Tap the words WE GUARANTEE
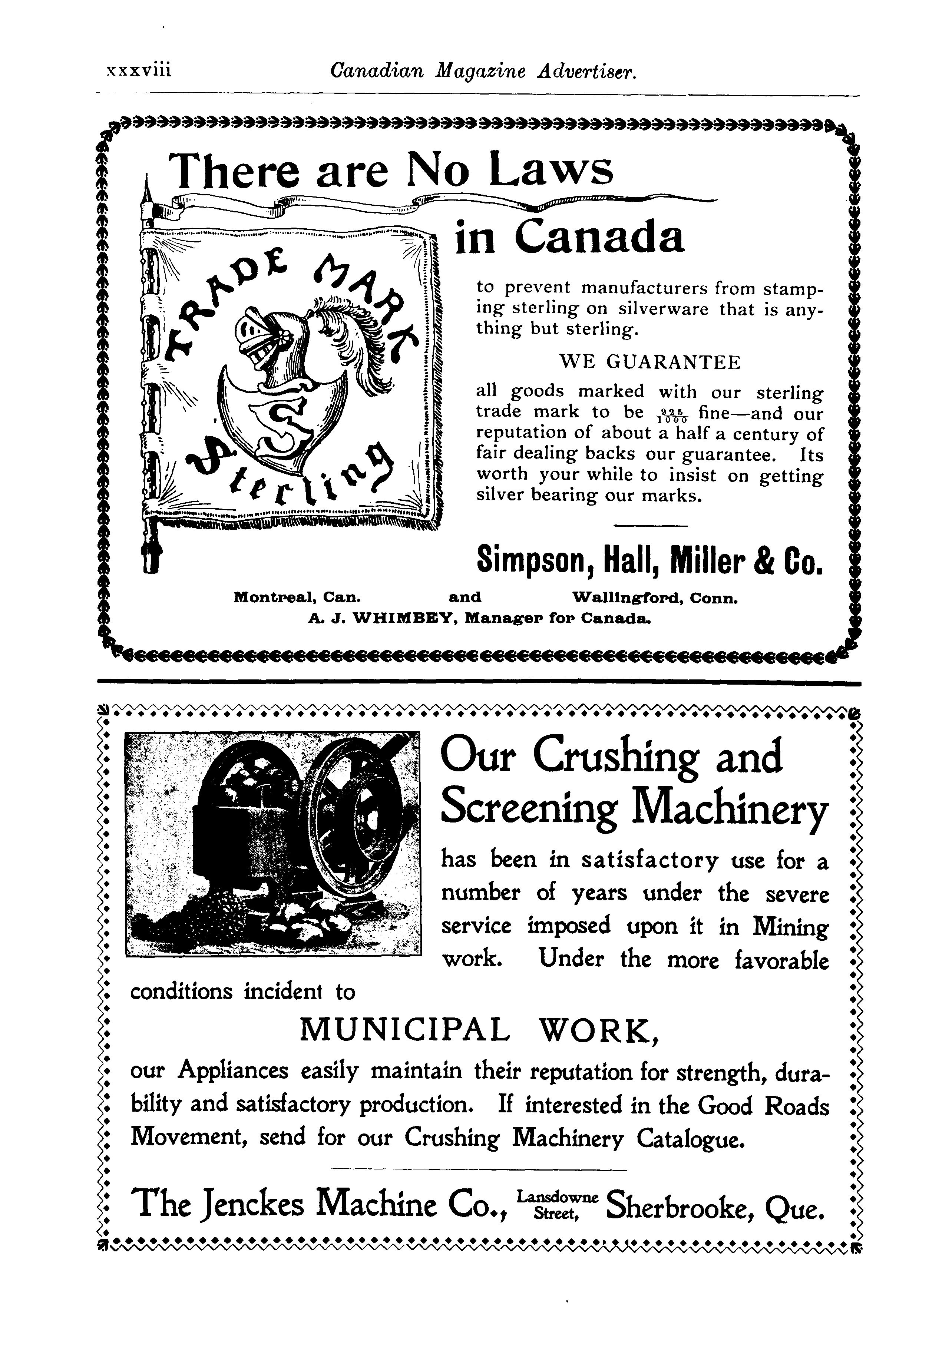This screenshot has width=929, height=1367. (649, 362)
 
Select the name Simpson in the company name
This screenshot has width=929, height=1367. (529, 560)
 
